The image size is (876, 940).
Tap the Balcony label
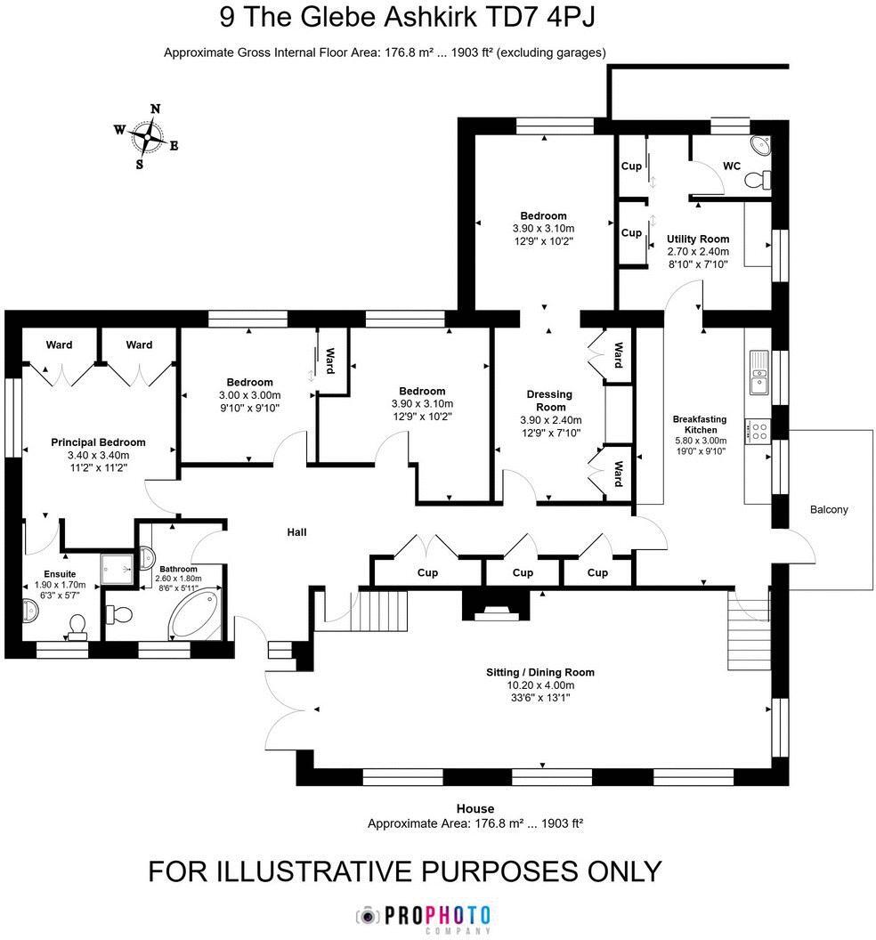pyautogui.click(x=828, y=510)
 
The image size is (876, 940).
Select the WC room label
pyautogui.click(x=731, y=166)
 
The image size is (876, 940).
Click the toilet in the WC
pyautogui.click(x=758, y=181)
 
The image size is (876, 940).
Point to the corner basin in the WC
pyautogui.click(x=762, y=147)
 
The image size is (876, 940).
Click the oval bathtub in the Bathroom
pyautogui.click(x=197, y=613)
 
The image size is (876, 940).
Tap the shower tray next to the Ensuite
pyautogui.click(x=115, y=563)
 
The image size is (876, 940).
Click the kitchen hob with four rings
pyautogui.click(x=758, y=433)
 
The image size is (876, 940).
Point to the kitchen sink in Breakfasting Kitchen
pyautogui.click(x=758, y=373)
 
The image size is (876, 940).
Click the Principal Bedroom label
pyautogui.click(x=98, y=442)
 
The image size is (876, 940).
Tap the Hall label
pyautogui.click(x=296, y=532)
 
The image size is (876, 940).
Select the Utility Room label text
pyautogui.click(x=698, y=239)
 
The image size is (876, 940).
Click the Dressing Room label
pyautogui.click(x=550, y=401)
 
